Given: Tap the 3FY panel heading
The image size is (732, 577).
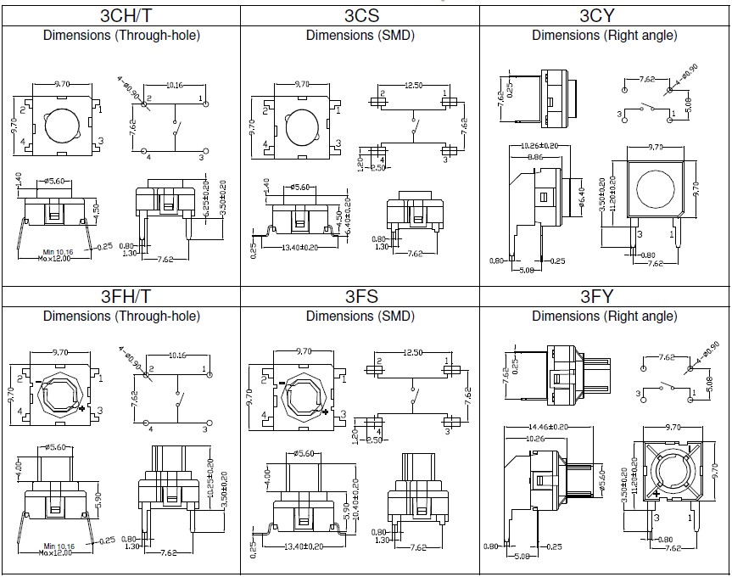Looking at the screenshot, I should (x=603, y=297).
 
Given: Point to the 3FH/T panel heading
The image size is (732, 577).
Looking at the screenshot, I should (x=120, y=297).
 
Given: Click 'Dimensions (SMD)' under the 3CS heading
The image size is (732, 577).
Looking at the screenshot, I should (x=360, y=36).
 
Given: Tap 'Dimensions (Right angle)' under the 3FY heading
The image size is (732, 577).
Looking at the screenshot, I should (x=604, y=317).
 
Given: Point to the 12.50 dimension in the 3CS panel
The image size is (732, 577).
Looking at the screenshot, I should (x=413, y=86).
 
